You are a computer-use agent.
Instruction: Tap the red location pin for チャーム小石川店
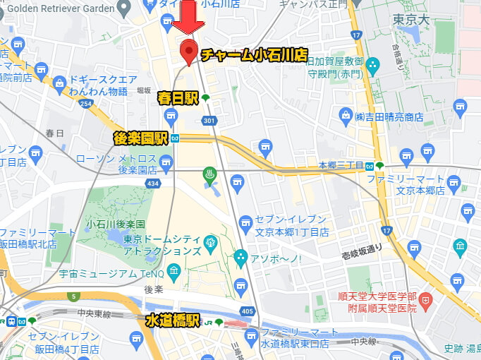pyautogui.click(x=188, y=52)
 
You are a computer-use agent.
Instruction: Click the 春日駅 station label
pyautogui.click(x=178, y=98)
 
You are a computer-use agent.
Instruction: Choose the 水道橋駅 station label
pyautogui.click(x=173, y=321)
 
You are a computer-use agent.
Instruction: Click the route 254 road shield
pyautogui.click(x=86, y=103)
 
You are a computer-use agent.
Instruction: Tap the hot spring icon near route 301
pyautogui.click(x=209, y=173)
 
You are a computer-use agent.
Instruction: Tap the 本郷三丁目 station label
pyautogui.click(x=341, y=165)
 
